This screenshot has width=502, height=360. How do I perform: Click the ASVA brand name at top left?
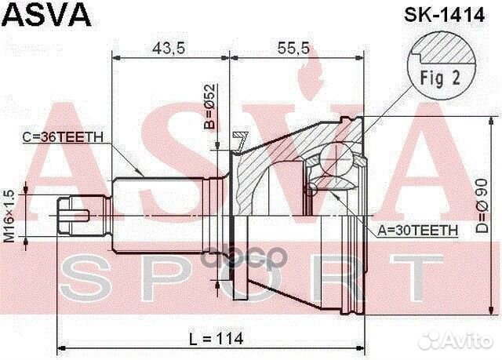(49, 13)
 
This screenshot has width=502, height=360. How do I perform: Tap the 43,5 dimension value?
(168, 49)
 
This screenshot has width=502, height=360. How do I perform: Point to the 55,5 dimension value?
(294, 49)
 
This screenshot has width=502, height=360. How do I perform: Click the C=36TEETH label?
(62, 136)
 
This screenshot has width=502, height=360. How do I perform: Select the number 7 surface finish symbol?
(239, 141)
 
